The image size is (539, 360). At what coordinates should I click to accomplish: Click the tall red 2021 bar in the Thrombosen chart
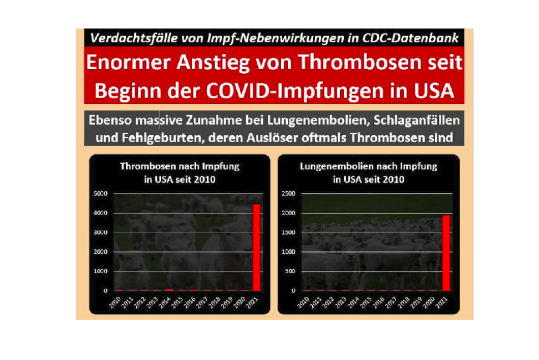point(256,248)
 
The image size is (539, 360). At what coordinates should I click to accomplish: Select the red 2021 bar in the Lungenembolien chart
point(446,253)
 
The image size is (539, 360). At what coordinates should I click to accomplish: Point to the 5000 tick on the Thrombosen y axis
point(100,194)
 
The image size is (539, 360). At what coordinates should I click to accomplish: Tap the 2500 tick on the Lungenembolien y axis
point(288,194)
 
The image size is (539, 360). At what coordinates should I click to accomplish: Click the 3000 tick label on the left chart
point(100,232)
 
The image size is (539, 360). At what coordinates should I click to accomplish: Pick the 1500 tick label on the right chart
point(288,232)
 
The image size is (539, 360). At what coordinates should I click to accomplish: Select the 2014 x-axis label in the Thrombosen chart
point(165,303)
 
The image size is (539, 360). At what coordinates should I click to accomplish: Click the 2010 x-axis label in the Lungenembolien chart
point(303,303)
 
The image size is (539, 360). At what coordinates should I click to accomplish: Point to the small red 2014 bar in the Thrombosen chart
point(169,290)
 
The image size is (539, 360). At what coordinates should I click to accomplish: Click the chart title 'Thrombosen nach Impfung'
point(179,166)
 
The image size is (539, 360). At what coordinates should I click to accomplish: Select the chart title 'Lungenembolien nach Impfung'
point(368,166)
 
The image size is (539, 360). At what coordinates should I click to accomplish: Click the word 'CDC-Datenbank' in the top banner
point(410,38)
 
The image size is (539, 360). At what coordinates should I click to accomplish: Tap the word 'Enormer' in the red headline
point(128,62)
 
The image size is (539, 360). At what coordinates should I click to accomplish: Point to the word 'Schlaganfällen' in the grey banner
point(416,121)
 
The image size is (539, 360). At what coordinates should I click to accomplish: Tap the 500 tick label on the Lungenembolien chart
point(290,272)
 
